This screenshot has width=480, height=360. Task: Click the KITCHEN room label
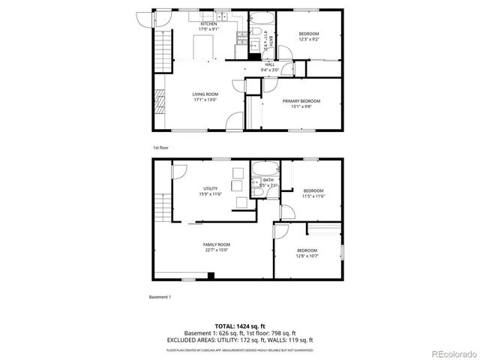[x=208, y=24]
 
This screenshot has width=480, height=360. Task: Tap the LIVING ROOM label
[x=205, y=94]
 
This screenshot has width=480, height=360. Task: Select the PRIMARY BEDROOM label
[x=301, y=100]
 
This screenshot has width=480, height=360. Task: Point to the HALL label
[x=269, y=64]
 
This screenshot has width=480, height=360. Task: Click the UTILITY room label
[x=210, y=188]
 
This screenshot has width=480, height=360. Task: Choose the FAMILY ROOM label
[x=216, y=244]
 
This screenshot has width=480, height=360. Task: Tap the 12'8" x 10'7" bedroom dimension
[x=307, y=256]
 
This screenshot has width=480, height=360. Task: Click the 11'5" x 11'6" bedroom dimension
[x=313, y=196]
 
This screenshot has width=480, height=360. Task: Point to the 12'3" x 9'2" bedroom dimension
[x=309, y=39]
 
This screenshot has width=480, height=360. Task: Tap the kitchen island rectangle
[x=205, y=46]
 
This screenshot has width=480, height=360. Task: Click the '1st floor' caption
[x=160, y=148]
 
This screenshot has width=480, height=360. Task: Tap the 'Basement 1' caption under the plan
[x=160, y=298]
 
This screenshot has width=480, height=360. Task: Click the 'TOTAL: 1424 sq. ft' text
[x=240, y=326]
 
